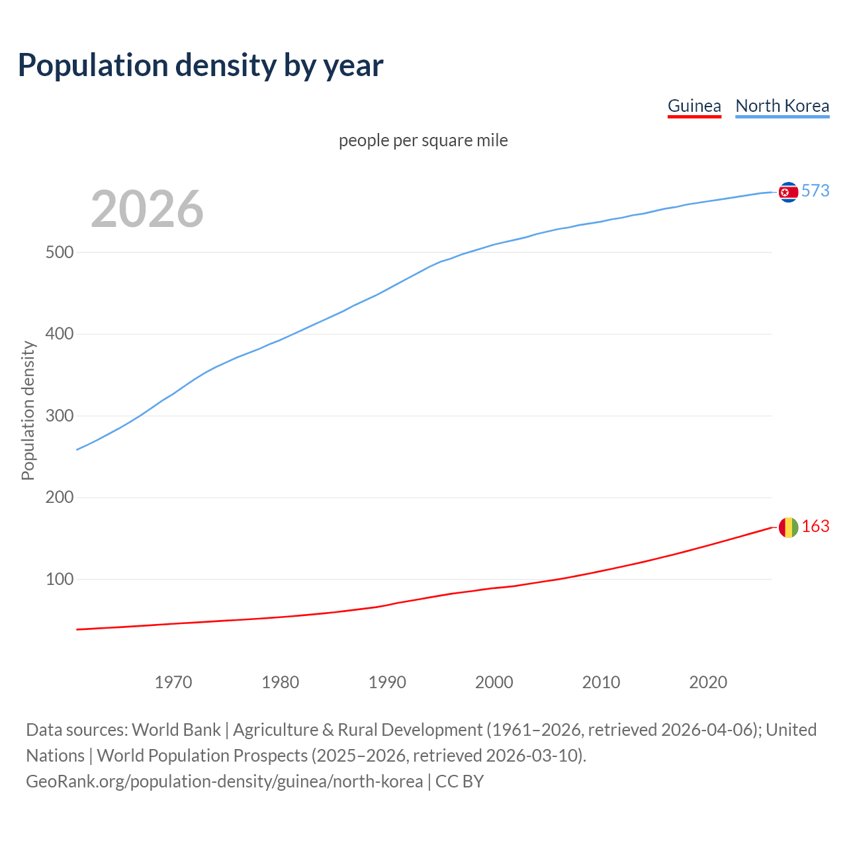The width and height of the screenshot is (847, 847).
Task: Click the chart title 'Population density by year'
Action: tap(201, 65)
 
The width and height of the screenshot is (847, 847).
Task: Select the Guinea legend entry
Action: tap(694, 106)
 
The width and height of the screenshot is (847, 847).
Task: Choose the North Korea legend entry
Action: tap(782, 106)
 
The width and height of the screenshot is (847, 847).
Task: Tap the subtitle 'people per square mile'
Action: tap(423, 140)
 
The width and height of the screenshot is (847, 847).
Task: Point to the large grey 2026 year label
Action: tap(147, 209)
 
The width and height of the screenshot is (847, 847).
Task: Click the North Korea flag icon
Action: tap(788, 192)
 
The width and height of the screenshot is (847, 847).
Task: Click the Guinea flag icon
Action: tap(788, 527)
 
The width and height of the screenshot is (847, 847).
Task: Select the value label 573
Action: tap(815, 191)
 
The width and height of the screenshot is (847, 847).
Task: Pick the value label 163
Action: tap(815, 527)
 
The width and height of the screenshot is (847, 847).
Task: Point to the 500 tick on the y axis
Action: tap(59, 253)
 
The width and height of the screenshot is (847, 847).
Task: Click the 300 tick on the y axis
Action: tap(59, 416)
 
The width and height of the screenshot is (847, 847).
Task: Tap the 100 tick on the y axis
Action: tap(59, 580)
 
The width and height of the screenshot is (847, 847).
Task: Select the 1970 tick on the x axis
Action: tap(173, 682)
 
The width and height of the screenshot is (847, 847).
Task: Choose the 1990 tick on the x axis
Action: tap(387, 682)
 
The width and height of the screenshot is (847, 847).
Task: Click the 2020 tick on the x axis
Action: tap(708, 682)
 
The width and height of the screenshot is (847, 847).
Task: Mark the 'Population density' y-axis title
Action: tap(28, 410)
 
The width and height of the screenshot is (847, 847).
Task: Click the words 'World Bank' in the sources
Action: tap(176, 730)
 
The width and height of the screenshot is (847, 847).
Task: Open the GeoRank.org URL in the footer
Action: tap(224, 781)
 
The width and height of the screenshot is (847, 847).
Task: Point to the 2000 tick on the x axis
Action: tap(494, 682)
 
